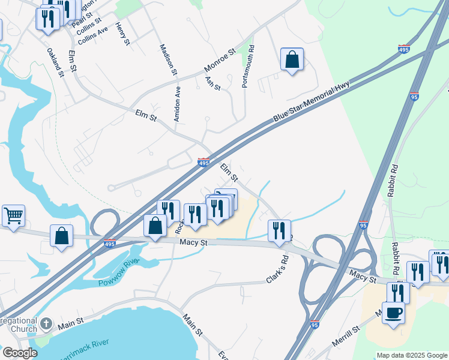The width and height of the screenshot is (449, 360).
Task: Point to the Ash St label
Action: [x=213, y=83]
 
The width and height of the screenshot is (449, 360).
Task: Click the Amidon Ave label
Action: [x=177, y=104]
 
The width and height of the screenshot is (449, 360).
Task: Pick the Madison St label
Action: [x=168, y=59]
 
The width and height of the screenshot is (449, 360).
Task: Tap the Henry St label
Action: [x=122, y=34]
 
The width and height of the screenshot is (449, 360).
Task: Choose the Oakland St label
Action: [x=55, y=62]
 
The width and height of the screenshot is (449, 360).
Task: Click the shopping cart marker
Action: [x=13, y=214]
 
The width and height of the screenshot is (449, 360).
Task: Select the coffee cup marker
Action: [x=393, y=312]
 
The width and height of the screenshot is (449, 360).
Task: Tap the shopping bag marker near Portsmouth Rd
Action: [x=292, y=59]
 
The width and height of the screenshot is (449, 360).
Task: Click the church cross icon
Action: [x=46, y=326]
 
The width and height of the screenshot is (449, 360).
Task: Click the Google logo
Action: [x=20, y=353]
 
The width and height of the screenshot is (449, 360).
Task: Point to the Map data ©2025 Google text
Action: [x=412, y=355]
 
